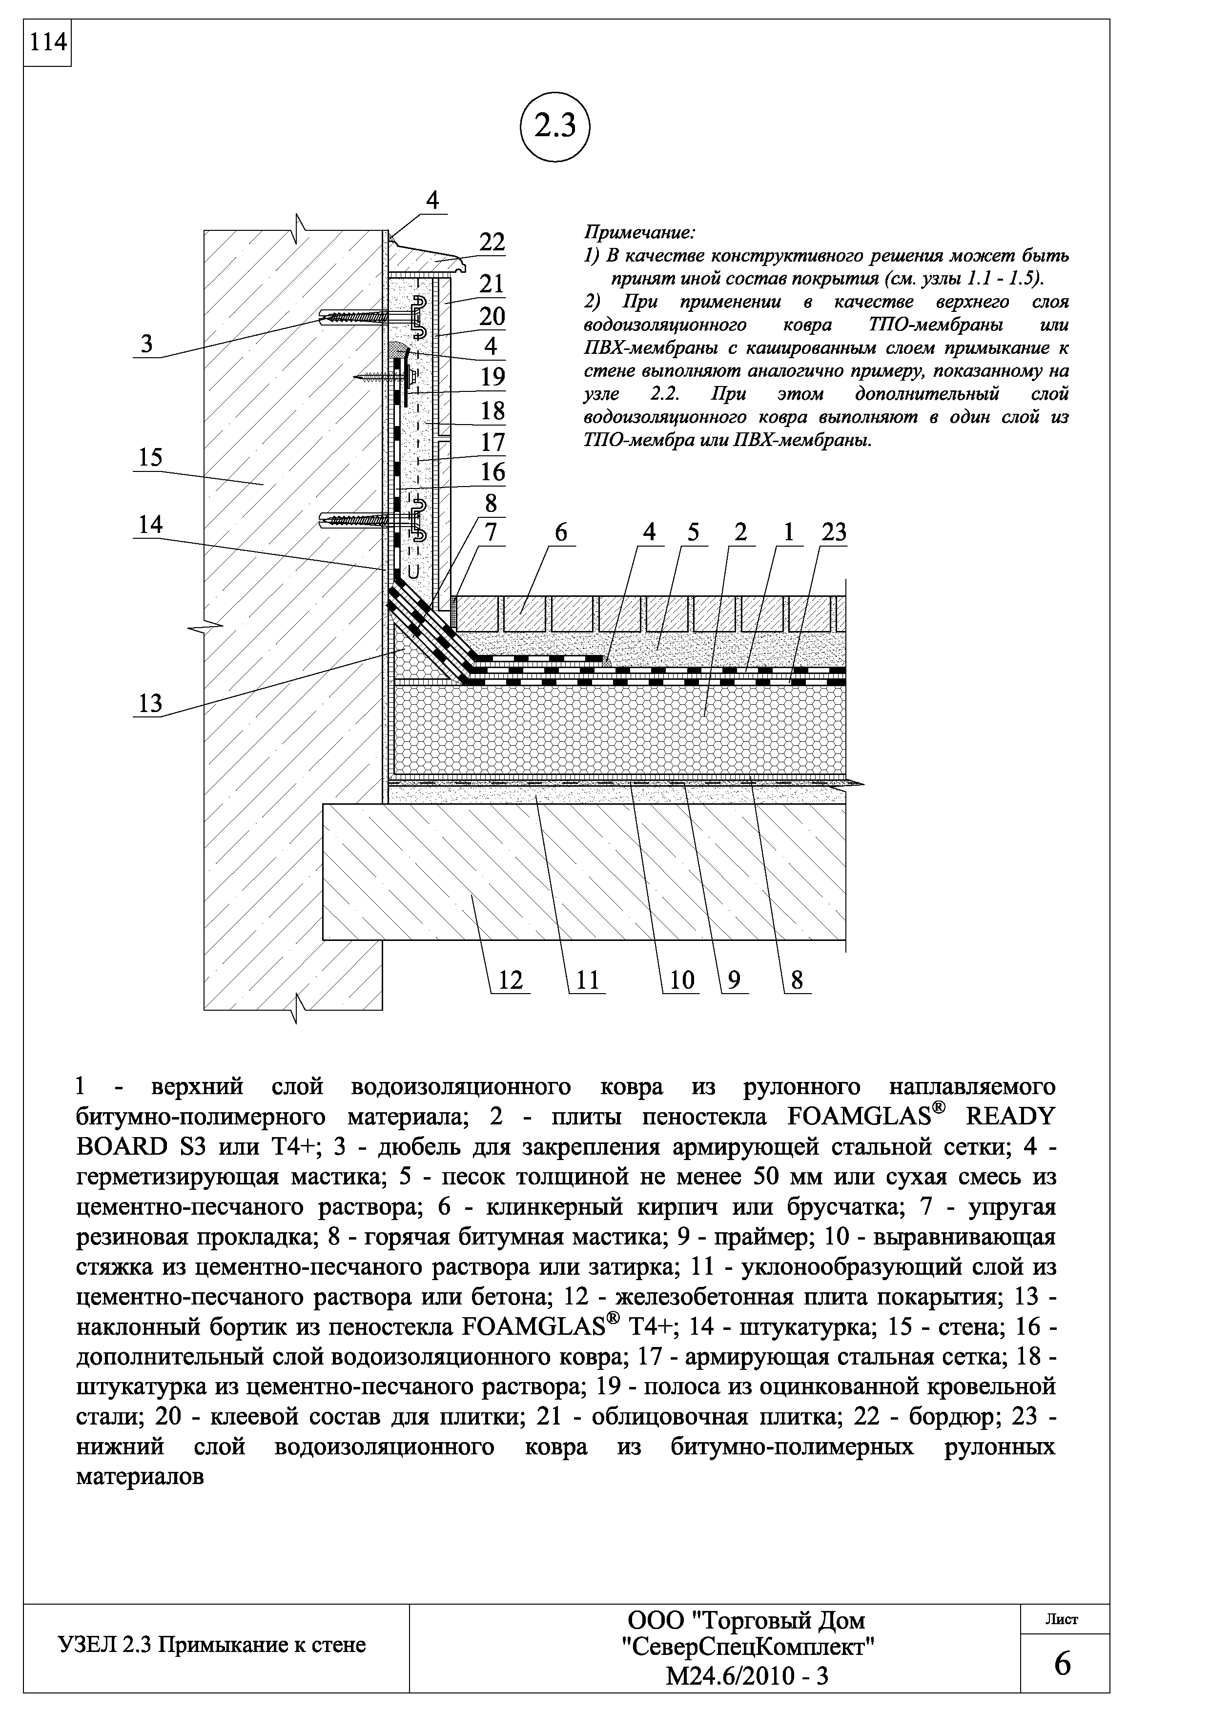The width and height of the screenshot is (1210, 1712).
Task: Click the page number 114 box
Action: tap(46, 43)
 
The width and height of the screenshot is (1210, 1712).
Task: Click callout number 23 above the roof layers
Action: tap(834, 532)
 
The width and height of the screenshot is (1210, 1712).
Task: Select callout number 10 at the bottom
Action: tap(681, 980)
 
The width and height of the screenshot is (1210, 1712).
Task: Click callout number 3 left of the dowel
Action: tap(147, 345)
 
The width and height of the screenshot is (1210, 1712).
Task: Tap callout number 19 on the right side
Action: tap(493, 377)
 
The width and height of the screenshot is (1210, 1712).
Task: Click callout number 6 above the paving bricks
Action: tap(561, 532)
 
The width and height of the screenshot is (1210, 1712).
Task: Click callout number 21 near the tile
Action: tap(492, 284)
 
